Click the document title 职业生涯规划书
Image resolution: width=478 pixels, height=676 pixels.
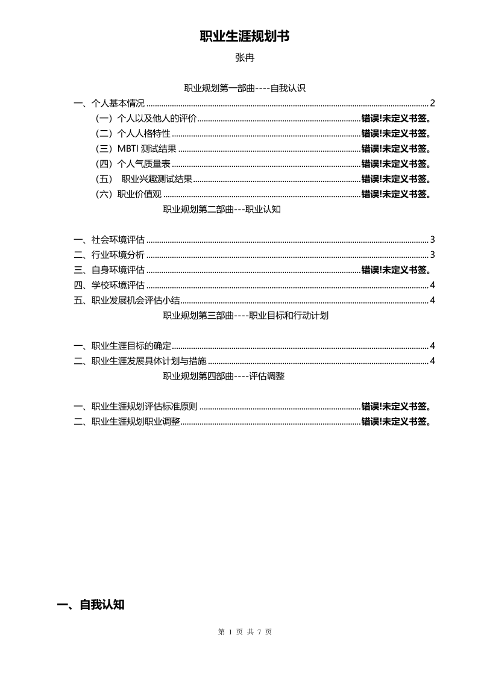(245, 37)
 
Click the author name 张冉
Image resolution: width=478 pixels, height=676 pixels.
(245, 58)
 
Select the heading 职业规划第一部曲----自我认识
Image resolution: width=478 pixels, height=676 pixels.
(245, 89)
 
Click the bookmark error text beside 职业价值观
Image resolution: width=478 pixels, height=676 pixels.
(396, 194)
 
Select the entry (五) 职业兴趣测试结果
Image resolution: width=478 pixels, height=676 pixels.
(145, 179)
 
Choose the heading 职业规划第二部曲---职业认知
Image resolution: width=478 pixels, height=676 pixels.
(222, 210)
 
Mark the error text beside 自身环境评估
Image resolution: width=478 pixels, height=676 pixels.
(396, 270)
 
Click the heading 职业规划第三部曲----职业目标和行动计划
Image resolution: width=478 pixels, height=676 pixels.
(245, 316)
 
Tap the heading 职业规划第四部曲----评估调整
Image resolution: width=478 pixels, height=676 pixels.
(224, 377)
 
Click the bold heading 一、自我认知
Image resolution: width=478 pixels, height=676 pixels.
(90, 605)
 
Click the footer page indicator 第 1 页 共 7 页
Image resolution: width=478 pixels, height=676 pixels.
(245, 632)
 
